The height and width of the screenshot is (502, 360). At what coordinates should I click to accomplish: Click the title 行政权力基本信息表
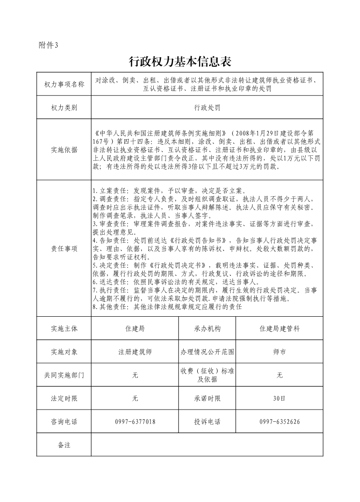180,61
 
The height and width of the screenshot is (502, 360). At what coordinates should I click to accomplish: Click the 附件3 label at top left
49,45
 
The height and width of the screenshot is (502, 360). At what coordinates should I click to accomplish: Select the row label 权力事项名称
64,84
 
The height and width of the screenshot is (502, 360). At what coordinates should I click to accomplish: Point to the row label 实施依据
64,150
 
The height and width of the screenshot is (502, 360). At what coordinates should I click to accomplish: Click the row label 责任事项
64,248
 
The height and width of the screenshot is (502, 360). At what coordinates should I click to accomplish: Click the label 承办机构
207,328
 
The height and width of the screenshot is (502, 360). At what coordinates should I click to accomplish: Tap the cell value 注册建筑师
135,352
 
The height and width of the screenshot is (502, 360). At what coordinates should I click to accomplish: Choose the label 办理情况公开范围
207,352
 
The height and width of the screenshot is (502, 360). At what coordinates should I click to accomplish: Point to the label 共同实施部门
64,375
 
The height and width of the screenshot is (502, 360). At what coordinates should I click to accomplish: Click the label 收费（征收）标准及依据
207,375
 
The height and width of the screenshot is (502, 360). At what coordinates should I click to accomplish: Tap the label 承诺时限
207,399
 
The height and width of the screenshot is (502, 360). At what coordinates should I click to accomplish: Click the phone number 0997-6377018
135,422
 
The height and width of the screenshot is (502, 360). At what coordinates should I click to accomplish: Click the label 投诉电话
207,422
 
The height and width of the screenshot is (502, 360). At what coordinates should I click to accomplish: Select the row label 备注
64,445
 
